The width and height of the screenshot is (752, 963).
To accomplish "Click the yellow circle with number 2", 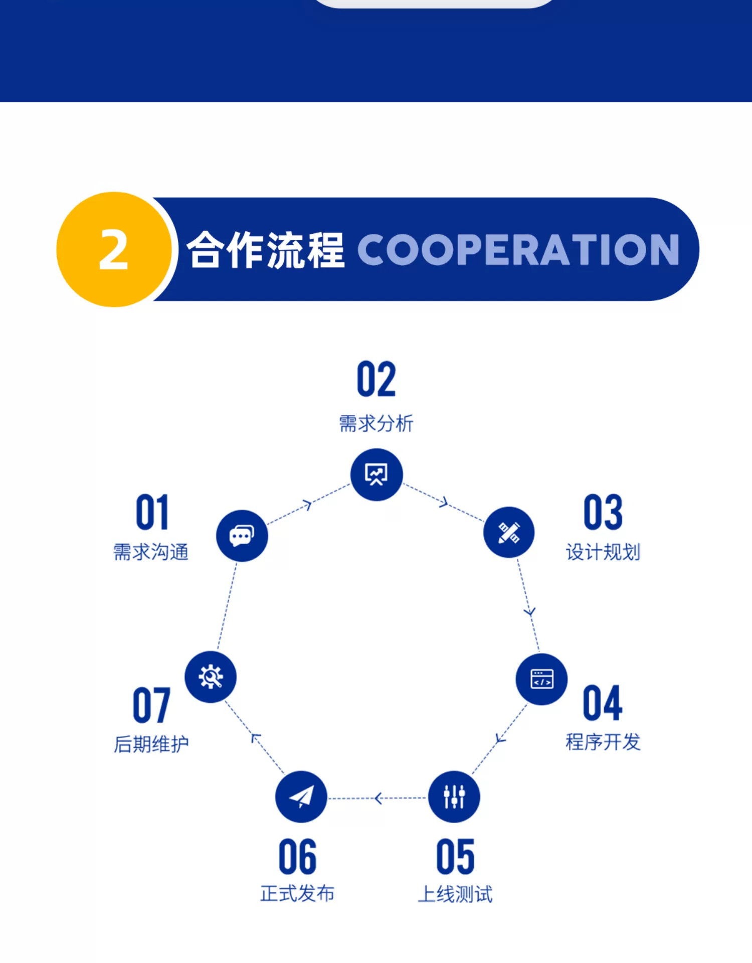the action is coord(114,249).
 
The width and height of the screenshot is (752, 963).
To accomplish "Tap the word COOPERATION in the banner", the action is coord(518,249).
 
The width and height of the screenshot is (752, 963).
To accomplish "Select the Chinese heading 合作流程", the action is coord(266,249).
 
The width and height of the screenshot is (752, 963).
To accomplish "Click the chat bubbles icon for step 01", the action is coord(242,536).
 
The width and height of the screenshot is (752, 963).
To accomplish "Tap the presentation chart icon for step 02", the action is coord(377,474).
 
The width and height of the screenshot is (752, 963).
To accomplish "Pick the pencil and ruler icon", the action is coord(509,532).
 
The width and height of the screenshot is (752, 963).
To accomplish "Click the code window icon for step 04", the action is coord(541,679).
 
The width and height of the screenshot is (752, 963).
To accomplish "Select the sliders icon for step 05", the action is coord(454,796).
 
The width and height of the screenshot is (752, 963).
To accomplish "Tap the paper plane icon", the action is coord(301,796).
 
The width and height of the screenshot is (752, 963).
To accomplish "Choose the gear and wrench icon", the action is coord(211,677).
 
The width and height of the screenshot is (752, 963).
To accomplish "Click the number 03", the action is coord(603,512).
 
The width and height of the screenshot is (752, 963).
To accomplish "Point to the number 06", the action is coord(298,856).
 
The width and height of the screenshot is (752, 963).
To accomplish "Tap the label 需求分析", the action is coord(377,423).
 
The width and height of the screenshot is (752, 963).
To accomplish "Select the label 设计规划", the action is coord(603,552).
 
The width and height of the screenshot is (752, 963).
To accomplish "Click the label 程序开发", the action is coord(603,742).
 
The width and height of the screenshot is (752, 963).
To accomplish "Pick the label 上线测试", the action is coord(455,894).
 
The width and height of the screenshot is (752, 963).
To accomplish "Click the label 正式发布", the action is coord(298,893).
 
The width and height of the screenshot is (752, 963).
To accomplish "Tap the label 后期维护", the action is coord(151,744).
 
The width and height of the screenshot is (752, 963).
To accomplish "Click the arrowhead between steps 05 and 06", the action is coord(379,798).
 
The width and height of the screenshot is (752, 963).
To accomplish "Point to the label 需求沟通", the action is coord(151,552).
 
